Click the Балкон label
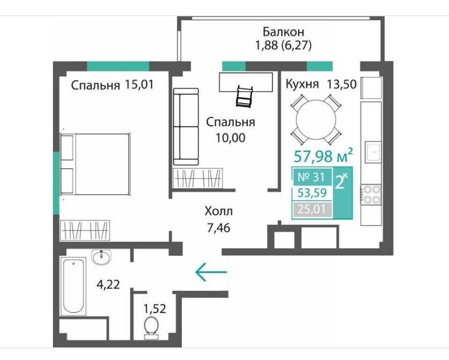pyautogui.click(x=283, y=32)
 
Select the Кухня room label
pyautogui.click(x=302, y=84)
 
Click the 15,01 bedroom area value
pyautogui.click(x=139, y=84)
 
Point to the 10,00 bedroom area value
pyautogui.click(x=231, y=138)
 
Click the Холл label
pyautogui.click(x=219, y=211)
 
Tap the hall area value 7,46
pyautogui.click(x=218, y=228)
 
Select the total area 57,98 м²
pyautogui.click(x=323, y=156)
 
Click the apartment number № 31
pyautogui.click(x=312, y=177)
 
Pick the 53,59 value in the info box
pyautogui.click(x=312, y=193)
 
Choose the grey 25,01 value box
pyautogui.click(x=312, y=210)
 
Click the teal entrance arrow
pyautogui.click(x=211, y=272)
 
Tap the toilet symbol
pyautogui.click(x=151, y=328)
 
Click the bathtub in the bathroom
pyautogui.click(x=73, y=286)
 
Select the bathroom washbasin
pyautogui.click(x=101, y=256)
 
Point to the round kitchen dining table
pyautogui.click(x=316, y=119)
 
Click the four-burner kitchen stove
pyautogui.click(x=371, y=194)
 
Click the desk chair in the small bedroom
pyautogui.click(x=244, y=97)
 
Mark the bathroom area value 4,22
pyautogui.click(x=108, y=285)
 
